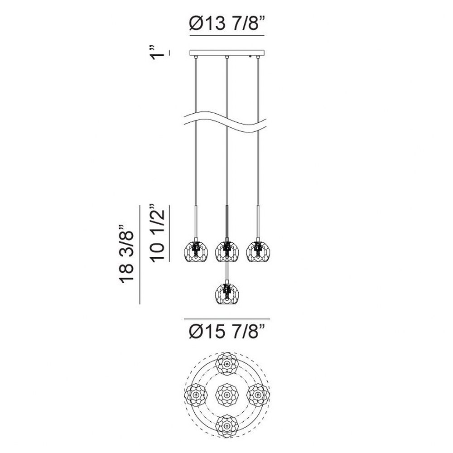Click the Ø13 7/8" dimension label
coord(227,23)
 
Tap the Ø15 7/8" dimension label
coord(227,331)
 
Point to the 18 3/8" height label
coord(126,253)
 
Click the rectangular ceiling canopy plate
coord(227,53)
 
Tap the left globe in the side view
coord(196,251)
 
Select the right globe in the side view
coord(258,251)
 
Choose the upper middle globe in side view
coord(227,251)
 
